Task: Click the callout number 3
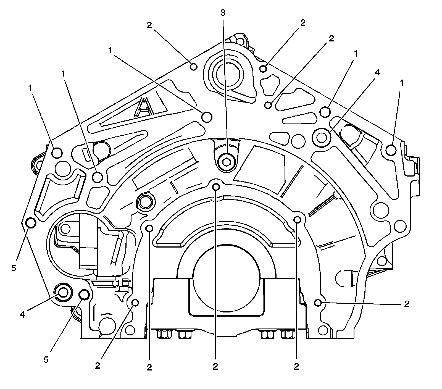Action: [x=223, y=12]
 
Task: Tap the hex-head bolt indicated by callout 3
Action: [x=226, y=160]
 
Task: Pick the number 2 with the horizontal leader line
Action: [x=406, y=304]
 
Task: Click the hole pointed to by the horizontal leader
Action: [x=318, y=303]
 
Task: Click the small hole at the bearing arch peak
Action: [x=216, y=187]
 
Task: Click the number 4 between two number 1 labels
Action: [x=377, y=73]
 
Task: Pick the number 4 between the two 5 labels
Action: [x=22, y=314]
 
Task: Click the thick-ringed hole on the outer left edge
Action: [x=30, y=222]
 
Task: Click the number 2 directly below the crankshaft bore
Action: [x=215, y=367]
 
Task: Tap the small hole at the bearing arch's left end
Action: [x=149, y=228]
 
